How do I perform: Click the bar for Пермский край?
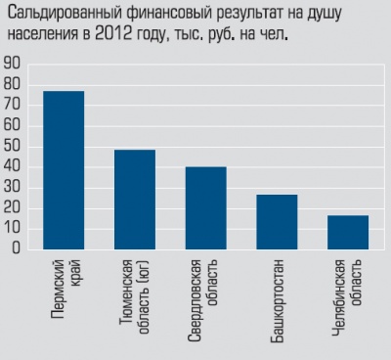[64, 170]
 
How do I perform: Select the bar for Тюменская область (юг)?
[135, 200]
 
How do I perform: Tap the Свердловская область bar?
[205, 207]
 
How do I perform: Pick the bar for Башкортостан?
[277, 222]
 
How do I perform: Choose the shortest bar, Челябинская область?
[348, 232]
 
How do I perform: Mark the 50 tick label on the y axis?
[14, 146]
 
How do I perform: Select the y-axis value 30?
[14, 187]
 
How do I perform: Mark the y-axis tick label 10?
[14, 228]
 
